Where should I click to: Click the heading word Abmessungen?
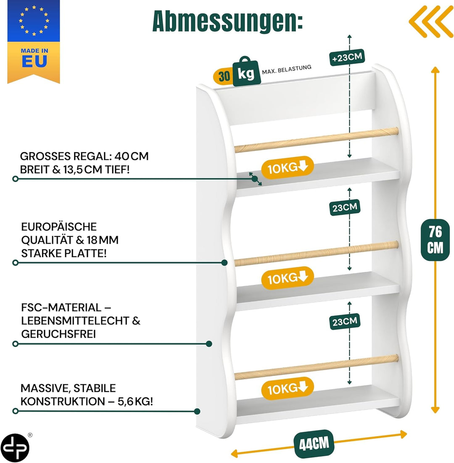(227, 21)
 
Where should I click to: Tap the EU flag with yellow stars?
(34, 21)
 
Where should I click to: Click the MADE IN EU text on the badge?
(34, 58)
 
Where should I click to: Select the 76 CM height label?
(435, 240)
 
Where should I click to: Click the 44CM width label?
(314, 444)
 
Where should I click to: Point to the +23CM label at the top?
(347, 57)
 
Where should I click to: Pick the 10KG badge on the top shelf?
(287, 167)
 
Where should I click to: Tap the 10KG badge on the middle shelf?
(287, 278)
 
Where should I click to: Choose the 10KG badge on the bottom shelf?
(287, 388)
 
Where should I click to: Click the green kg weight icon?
(246, 72)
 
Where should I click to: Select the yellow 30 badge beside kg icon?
(224, 77)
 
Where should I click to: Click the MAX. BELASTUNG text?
(287, 70)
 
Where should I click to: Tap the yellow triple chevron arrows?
(431, 21)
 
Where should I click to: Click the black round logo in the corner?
(15, 447)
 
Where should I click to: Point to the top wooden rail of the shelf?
(317, 140)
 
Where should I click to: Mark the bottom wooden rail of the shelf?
(317, 367)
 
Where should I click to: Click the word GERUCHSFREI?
(58, 334)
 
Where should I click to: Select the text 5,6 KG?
(135, 402)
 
